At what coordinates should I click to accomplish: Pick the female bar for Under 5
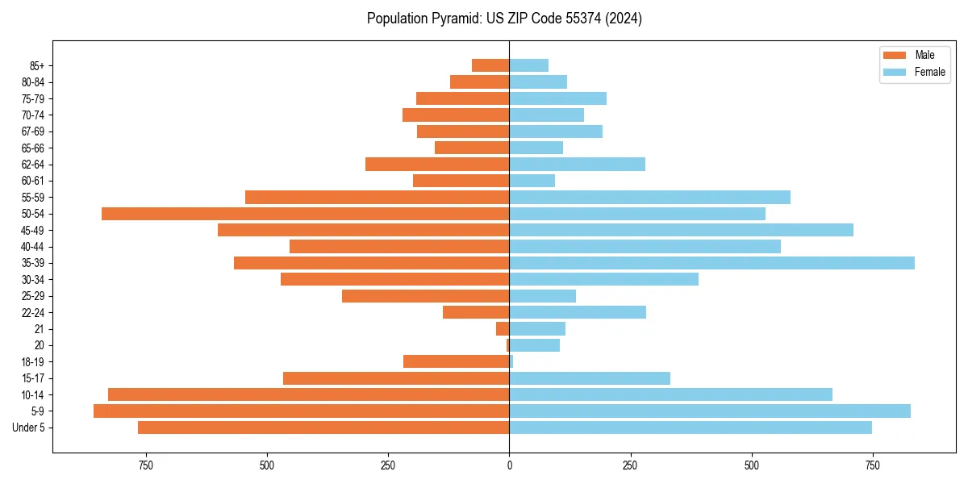pos(691,428)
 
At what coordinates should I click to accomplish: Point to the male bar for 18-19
pos(456,361)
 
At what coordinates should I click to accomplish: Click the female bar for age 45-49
pos(681,230)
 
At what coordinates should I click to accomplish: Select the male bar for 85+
pos(490,65)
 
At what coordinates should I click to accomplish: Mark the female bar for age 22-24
pos(578,312)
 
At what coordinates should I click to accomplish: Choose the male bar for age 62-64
pos(437,165)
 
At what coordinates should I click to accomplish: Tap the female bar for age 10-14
pos(670,394)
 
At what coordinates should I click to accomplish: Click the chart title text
pos(504,19)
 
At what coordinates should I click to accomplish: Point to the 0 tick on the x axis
pos(509,465)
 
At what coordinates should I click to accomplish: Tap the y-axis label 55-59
pos(33,198)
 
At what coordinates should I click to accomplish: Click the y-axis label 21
pos(39,329)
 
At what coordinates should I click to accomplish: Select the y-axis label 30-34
pos(33,280)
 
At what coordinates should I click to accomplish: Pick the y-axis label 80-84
pos(33,82)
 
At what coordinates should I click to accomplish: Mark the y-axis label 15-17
pos(33,378)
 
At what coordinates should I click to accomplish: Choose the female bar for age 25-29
pos(542,296)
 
